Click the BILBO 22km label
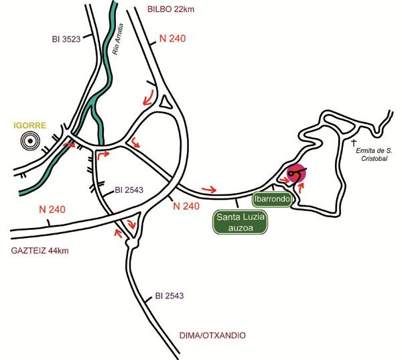click(x=175, y=10)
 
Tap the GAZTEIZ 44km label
click(x=40, y=251)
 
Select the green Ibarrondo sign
click(x=271, y=199)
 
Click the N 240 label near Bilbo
click(x=172, y=40)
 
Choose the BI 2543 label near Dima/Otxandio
click(x=170, y=295)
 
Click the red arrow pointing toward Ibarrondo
click(x=208, y=189)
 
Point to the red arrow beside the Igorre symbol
click(x=69, y=143)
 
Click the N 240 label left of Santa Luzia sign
click(x=186, y=206)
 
